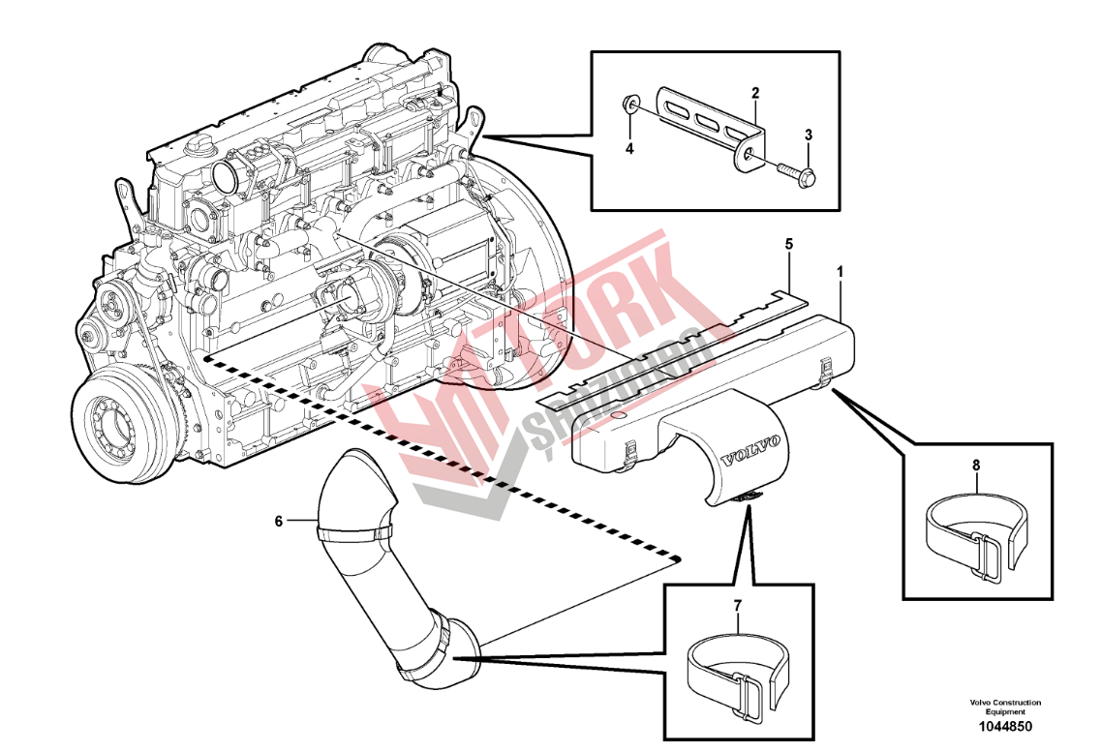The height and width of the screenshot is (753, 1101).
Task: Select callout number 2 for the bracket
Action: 755,93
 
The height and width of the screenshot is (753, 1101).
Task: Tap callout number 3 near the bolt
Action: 809,135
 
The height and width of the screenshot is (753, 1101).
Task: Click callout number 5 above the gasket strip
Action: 789,245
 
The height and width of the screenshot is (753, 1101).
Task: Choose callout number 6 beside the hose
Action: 279,521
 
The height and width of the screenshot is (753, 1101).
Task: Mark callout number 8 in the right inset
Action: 976,466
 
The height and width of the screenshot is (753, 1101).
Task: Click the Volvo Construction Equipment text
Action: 1004,706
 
